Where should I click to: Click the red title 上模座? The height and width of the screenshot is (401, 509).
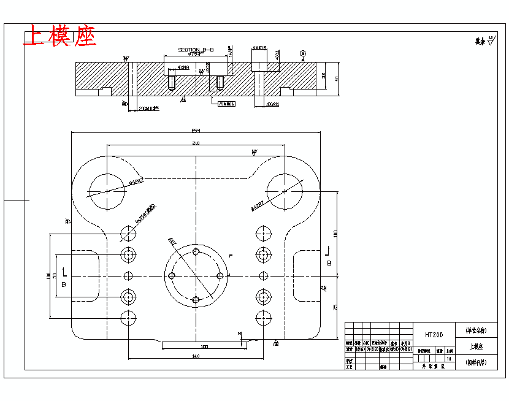pos(59,36)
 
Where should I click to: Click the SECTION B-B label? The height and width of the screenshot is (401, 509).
pos(196,49)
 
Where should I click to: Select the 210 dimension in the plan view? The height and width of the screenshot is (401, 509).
pos(196,143)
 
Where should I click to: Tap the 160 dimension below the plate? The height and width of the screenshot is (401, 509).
pos(196,356)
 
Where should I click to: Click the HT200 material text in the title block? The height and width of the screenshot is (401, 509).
pos(434,335)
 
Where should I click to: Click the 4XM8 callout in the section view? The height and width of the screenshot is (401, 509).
pos(183,67)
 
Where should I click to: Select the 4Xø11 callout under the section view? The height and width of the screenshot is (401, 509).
pos(272,104)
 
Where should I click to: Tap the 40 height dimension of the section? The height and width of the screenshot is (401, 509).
pos(336,78)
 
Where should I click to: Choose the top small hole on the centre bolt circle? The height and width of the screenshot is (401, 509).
pos(196,252)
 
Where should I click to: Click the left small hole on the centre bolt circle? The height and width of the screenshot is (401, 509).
pos(172,276)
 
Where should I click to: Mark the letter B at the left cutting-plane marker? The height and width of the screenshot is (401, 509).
pos(63,285)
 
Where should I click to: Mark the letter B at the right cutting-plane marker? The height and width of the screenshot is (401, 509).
pos(329,263)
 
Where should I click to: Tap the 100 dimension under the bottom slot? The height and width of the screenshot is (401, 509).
pos(204,346)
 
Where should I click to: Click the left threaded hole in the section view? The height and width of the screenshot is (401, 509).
pos(172,82)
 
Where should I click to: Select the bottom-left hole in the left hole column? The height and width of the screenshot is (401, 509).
pos(128,318)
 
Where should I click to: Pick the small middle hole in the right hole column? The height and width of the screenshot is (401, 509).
pos(264,276)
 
